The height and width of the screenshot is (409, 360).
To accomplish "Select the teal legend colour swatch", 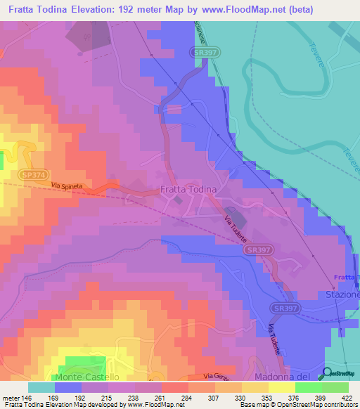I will (x=41, y=387).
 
